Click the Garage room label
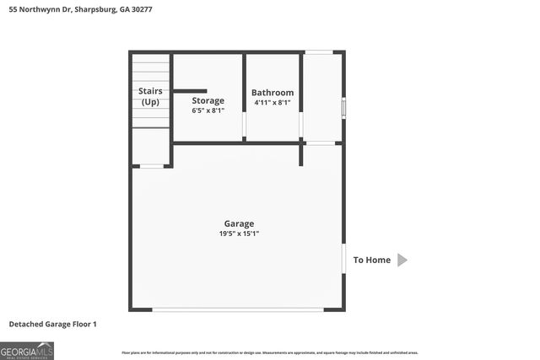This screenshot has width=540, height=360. (239, 223)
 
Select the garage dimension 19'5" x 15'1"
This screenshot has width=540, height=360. (239, 234)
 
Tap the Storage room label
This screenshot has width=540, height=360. (208, 100)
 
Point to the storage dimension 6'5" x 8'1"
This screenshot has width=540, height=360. (208, 110)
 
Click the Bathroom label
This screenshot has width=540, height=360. (273, 93)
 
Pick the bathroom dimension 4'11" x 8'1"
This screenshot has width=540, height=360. (273, 103)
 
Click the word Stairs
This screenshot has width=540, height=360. (150, 91)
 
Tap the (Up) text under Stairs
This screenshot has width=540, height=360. (150, 102)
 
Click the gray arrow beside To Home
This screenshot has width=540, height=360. (402, 260)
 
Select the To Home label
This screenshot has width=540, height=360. (371, 260)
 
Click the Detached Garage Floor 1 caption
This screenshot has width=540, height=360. (53, 324)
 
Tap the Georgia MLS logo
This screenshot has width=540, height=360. (27, 350)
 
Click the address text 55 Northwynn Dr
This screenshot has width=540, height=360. (43, 8)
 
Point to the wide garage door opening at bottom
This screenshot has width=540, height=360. (238, 309)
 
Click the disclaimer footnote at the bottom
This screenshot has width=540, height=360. (270, 352)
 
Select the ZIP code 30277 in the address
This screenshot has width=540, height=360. (150, 8)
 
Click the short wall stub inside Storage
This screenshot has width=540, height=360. (190, 90)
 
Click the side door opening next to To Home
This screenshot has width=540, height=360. (343, 260)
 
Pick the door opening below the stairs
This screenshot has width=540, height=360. (152, 166)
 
